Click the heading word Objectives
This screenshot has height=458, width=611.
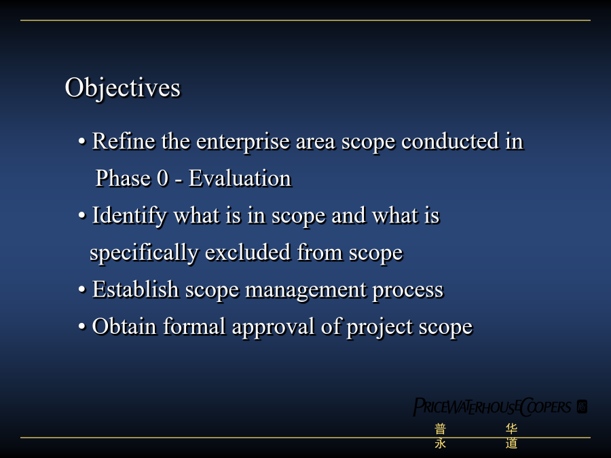(122, 88)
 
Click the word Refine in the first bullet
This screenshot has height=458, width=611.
(123, 141)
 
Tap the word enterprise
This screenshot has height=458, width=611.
(243, 143)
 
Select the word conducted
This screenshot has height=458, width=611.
(450, 141)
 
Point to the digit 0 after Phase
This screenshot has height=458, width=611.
(163, 178)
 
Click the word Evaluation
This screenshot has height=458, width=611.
(240, 178)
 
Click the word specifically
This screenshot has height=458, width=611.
(144, 254)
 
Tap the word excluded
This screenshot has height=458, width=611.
(248, 252)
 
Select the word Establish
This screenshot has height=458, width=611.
(136, 289)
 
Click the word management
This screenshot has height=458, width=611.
(306, 291)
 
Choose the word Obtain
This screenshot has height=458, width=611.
(124, 326)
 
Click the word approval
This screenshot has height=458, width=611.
(273, 328)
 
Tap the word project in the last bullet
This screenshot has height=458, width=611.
(379, 328)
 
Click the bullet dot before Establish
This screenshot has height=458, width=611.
(82, 290)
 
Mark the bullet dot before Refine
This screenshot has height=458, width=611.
(82, 141)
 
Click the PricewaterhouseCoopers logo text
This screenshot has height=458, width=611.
(492, 407)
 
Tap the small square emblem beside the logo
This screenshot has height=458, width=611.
(582, 406)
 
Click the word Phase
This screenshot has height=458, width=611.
(123, 178)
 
